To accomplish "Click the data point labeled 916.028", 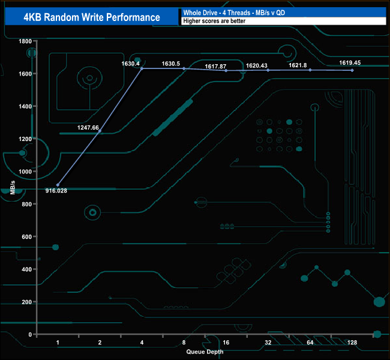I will [x=58, y=185].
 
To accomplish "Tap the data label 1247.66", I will [x=88, y=127].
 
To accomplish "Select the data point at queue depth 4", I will [x=142, y=68].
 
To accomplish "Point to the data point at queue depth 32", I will [x=268, y=70].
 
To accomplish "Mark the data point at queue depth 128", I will [x=352, y=70].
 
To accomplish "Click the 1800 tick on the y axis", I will [x=25, y=41].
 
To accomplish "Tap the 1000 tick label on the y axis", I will [x=25, y=172].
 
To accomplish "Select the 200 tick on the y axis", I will [x=26, y=302].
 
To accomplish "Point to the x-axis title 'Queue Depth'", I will [x=205, y=352].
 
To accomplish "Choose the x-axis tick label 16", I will [x=226, y=342].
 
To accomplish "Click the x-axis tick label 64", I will [x=310, y=342].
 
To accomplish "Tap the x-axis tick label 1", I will [x=58, y=342].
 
